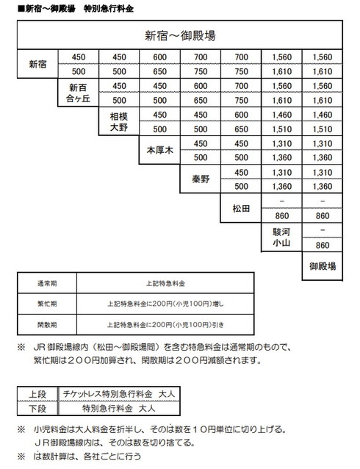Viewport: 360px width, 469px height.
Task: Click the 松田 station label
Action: [241, 208]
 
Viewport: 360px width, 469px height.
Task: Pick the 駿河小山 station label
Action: [282, 237]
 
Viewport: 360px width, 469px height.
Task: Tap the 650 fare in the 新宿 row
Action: [160, 71]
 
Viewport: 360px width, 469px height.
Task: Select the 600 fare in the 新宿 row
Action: [160, 57]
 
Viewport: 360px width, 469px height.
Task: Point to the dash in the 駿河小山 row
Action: [323, 230]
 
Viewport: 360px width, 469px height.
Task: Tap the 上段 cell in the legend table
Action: [37, 393]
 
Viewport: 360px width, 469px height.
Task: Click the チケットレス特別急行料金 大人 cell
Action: [114, 393]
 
